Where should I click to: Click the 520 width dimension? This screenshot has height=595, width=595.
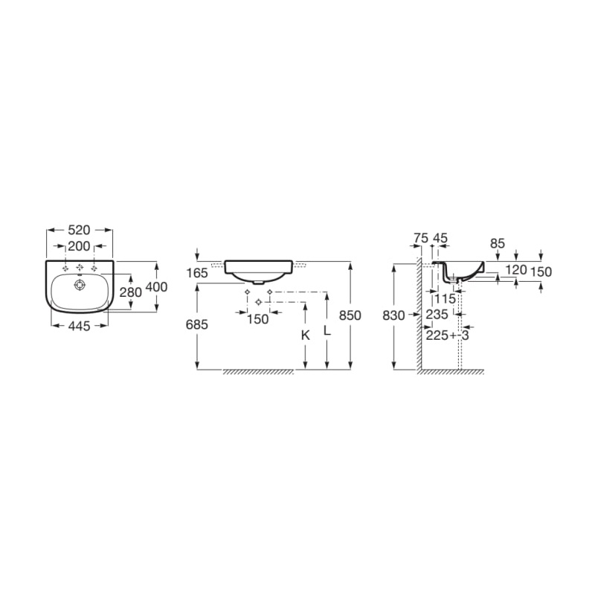coord(79,230)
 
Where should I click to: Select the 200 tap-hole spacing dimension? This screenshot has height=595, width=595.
coord(79,247)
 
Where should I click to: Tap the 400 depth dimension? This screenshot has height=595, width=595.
coord(156,287)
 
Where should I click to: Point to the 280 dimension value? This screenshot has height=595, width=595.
coord(131,292)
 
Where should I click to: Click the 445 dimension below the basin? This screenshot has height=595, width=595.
coord(80,326)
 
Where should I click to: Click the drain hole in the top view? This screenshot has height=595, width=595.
coord(80,285)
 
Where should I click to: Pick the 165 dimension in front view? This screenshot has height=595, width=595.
coord(197,273)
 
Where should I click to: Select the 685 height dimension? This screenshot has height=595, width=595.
coord(197,325)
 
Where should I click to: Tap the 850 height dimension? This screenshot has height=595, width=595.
coord(350,315)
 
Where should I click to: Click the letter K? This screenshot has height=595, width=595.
coord(306,335)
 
